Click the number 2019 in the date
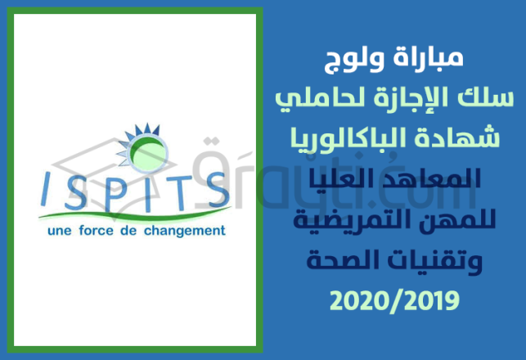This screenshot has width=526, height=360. click(x=425, y=300)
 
